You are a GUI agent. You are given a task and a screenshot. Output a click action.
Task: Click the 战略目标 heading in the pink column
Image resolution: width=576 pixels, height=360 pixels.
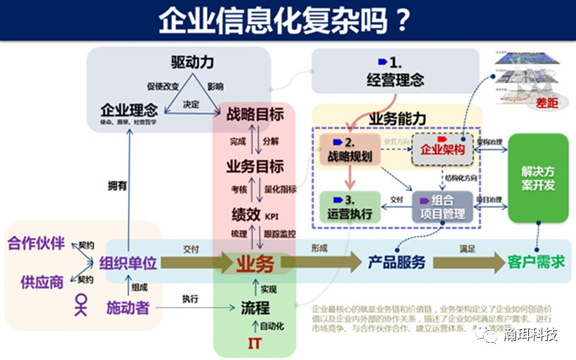click(255, 114)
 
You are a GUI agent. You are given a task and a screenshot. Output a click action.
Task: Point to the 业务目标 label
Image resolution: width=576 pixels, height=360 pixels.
click(254, 165)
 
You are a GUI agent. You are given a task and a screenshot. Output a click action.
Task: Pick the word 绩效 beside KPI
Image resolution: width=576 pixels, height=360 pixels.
click(246, 214)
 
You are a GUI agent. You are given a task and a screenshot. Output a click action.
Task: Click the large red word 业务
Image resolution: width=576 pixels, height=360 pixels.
click(255, 262)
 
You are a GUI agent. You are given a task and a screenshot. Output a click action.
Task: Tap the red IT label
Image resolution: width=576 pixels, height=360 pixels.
click(255, 344)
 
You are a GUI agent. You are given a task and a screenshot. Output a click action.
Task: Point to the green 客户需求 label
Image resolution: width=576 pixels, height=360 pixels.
click(536, 262)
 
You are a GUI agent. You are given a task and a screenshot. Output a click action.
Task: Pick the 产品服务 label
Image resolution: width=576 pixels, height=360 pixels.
click(396, 262)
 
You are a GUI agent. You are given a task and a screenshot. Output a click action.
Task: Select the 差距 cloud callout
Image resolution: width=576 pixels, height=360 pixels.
click(544, 103)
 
